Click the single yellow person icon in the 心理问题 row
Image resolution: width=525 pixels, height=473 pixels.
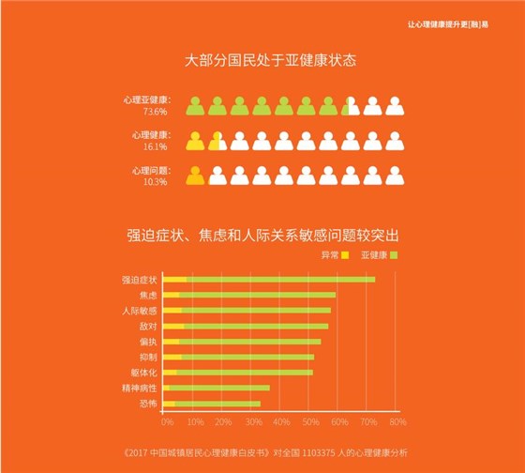(195, 175)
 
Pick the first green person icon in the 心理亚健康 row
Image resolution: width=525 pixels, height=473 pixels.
(195, 105)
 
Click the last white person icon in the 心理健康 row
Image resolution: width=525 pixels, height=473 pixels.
(395, 141)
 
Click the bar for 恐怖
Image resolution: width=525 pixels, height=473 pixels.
(212, 404)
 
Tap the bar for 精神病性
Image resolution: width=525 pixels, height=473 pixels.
(217, 388)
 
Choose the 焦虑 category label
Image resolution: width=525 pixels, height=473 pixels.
(148, 296)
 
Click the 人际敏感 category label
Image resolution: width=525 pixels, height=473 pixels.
(140, 311)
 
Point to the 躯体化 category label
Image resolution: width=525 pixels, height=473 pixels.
(143, 373)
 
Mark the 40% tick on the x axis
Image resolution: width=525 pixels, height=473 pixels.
(279, 421)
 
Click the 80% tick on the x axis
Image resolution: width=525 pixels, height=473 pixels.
(397, 421)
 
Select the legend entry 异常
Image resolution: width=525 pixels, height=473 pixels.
(334, 254)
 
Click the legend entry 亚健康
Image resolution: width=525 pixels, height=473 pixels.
(378, 254)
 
